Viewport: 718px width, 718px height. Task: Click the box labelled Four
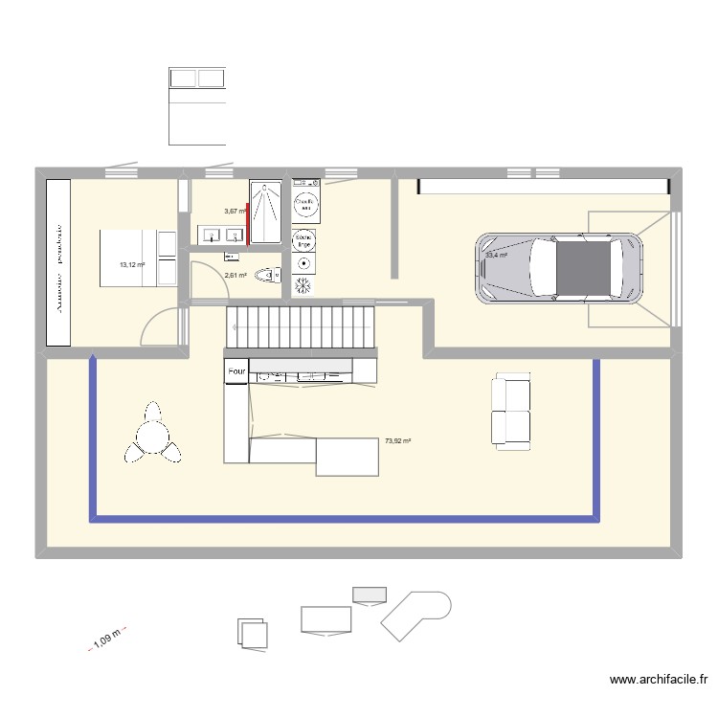tap(236, 370)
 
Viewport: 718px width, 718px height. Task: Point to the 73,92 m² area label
tap(397, 441)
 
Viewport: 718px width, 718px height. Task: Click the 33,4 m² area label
tap(496, 256)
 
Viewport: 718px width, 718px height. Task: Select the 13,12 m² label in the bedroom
tap(131, 265)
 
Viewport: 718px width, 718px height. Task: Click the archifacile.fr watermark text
tap(660, 681)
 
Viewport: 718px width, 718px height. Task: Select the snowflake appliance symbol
tap(304, 285)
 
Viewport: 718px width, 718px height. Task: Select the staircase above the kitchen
tap(300, 326)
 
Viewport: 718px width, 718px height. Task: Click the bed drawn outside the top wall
tap(197, 106)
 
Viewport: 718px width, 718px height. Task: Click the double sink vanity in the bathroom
tap(221, 235)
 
